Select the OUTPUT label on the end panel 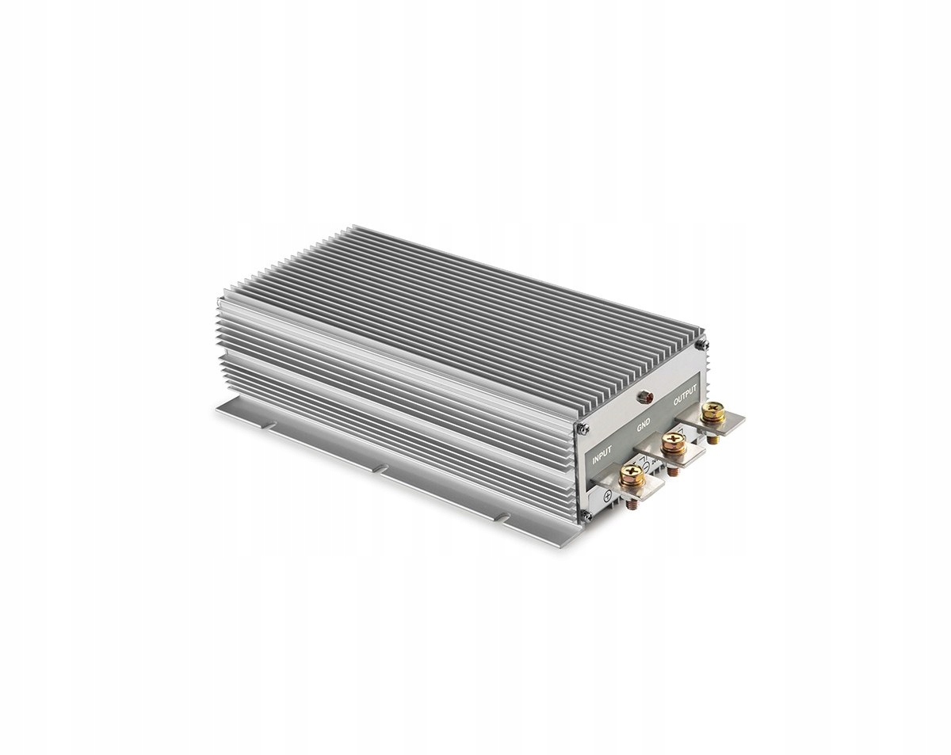[686, 393]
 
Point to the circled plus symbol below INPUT [608, 497]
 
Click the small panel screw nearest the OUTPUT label [700, 344]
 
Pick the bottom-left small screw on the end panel [588, 517]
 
